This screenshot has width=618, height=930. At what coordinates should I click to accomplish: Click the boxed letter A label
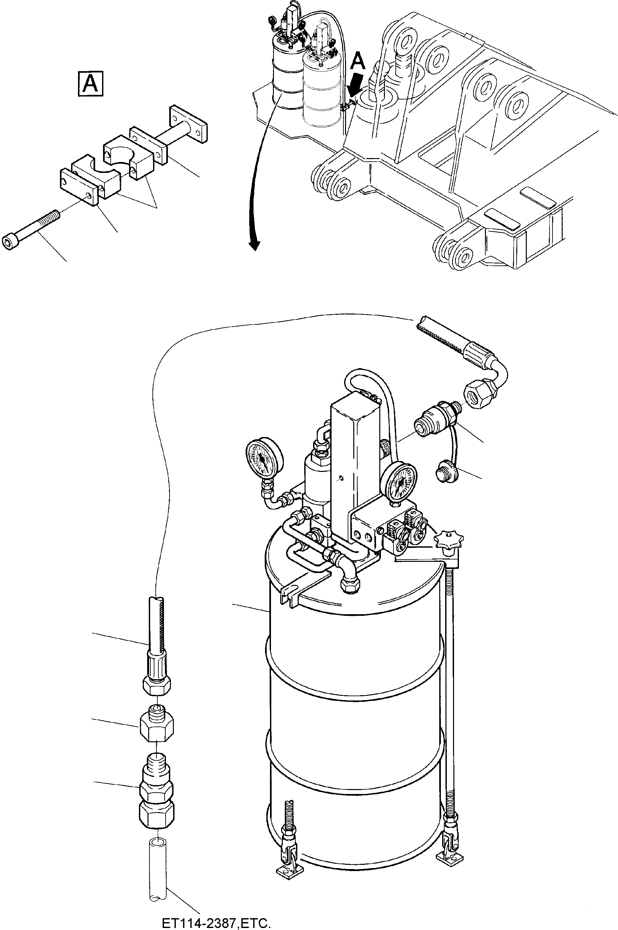click(x=91, y=84)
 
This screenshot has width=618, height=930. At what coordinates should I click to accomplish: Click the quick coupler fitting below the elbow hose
click(x=434, y=420)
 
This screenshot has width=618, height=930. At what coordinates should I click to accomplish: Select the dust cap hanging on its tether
click(x=446, y=471)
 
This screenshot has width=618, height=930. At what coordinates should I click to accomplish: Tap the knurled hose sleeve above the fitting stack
click(x=157, y=667)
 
